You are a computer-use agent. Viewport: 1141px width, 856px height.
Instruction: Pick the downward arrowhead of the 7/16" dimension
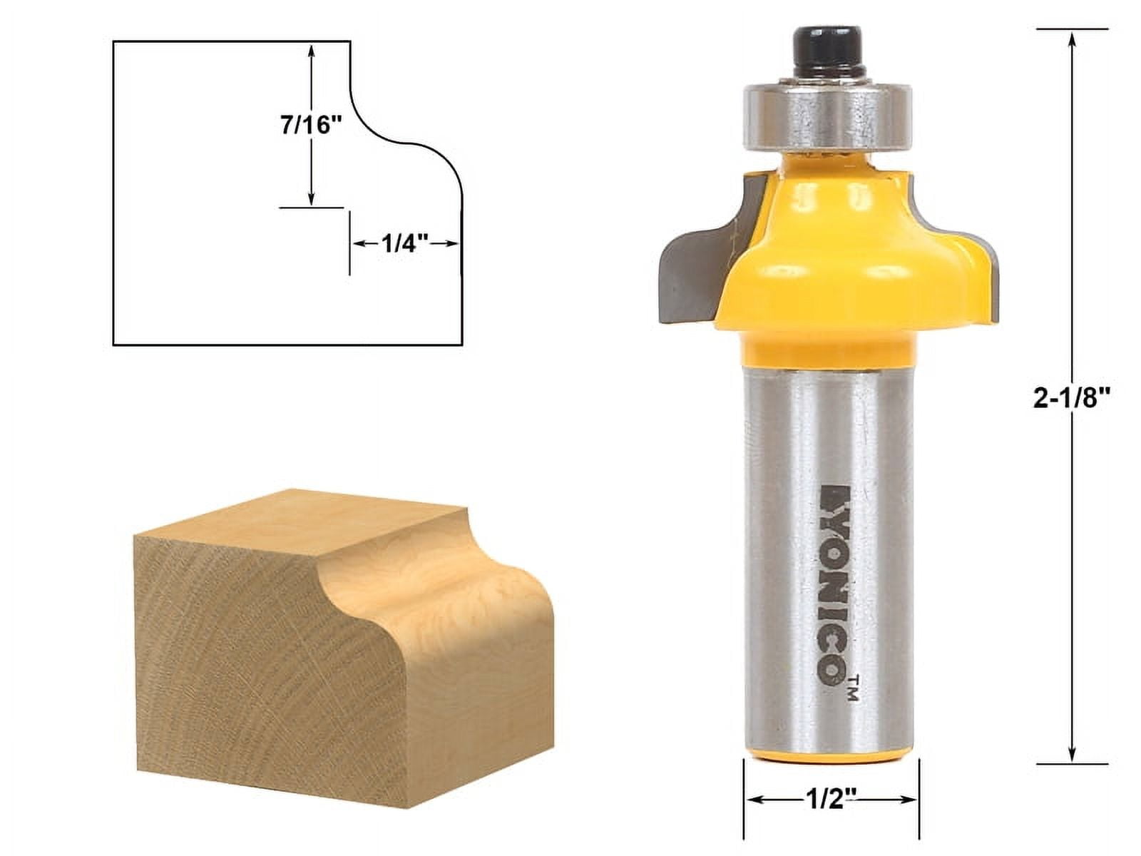click(312, 201)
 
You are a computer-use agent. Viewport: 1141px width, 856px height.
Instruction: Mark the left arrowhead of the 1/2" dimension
click(751, 800)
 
